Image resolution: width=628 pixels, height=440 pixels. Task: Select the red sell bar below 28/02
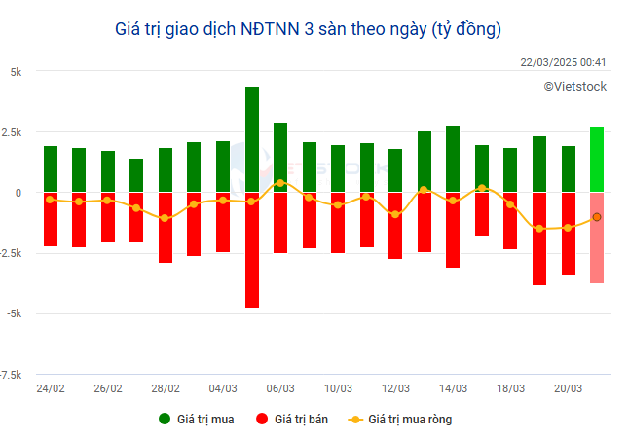point(166,227)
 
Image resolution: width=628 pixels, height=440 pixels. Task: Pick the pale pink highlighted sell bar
point(596,238)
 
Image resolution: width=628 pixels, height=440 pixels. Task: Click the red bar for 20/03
point(568,233)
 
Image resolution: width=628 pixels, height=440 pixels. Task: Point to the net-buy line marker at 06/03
point(280,183)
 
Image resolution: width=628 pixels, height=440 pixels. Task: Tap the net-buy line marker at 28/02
point(166,218)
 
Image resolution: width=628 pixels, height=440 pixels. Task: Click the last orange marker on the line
point(596,217)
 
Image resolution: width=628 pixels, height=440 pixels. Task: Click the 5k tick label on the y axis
point(16,71)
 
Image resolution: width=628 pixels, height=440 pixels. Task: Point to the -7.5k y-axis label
point(12,375)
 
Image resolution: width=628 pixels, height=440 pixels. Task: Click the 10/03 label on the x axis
point(338,388)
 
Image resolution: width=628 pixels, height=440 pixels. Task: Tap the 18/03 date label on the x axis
point(510,388)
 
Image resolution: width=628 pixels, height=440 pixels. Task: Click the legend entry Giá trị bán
point(296,420)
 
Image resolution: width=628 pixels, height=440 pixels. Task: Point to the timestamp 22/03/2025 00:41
point(564,62)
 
